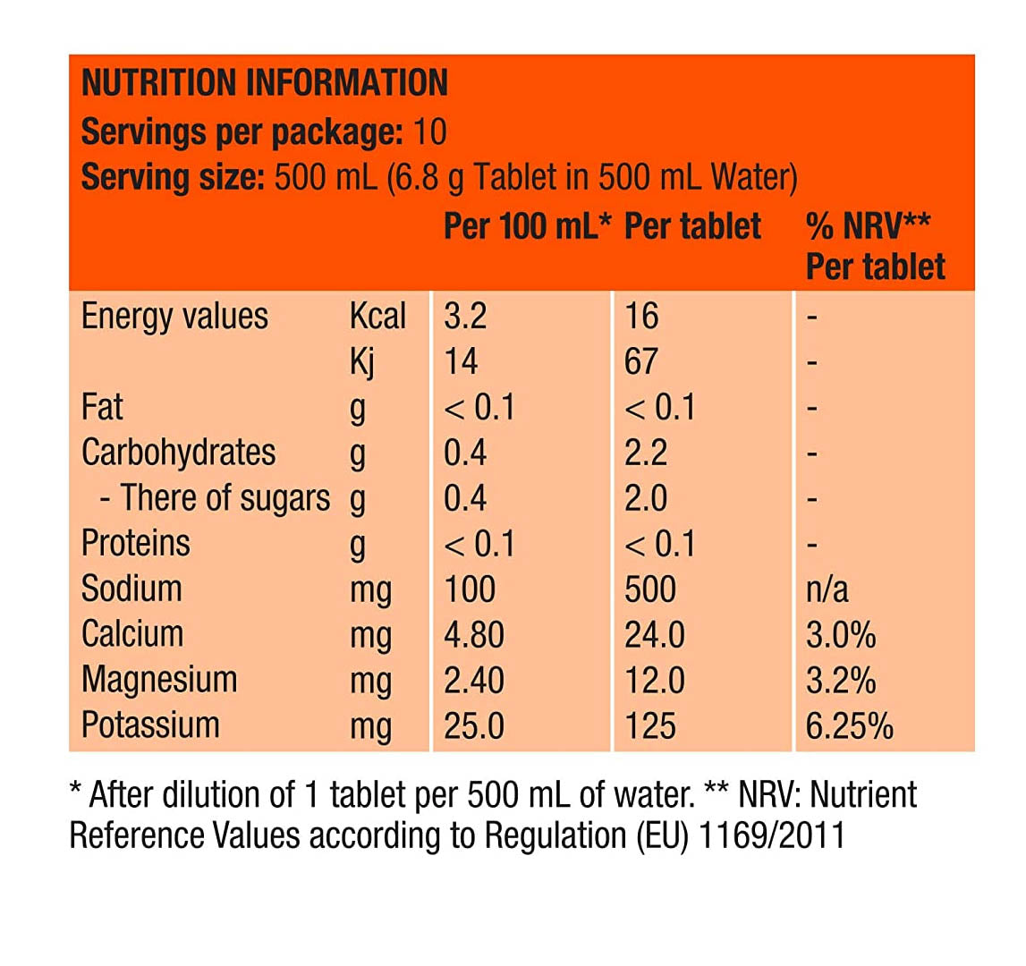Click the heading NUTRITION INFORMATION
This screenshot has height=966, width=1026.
(264, 83)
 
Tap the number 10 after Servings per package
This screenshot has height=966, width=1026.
(429, 132)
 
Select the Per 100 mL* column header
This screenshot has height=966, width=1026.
(527, 226)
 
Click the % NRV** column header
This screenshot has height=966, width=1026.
(868, 226)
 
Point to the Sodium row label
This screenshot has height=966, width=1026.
(131, 589)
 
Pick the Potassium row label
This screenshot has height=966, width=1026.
(150, 724)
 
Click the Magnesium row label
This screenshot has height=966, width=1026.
(159, 680)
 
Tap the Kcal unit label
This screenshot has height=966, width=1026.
(377, 317)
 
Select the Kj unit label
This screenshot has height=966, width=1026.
(362, 362)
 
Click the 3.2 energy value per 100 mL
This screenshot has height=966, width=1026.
(465, 317)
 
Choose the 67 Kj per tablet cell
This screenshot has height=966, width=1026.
(641, 362)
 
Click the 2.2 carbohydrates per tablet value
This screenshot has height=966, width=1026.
(646, 453)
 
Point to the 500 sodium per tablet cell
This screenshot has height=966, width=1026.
(650, 589)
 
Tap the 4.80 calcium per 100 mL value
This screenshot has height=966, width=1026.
(474, 635)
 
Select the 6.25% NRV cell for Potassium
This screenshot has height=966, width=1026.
(849, 725)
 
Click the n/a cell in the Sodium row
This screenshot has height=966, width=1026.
(827, 589)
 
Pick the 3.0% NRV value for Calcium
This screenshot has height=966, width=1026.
(840, 635)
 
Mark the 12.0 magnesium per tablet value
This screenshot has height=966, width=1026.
(655, 681)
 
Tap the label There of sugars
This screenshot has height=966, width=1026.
(225, 498)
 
